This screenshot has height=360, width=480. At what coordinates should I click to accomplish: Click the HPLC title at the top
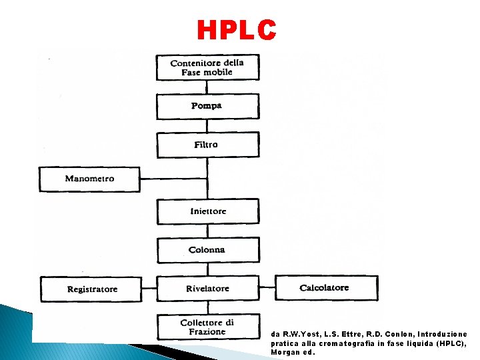[237, 30]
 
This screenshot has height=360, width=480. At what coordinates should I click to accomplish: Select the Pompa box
[207, 106]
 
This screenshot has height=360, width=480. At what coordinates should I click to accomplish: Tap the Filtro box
[207, 145]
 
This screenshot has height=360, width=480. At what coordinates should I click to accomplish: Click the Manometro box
[90, 179]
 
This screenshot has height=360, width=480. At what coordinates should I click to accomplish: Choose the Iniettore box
[207, 211]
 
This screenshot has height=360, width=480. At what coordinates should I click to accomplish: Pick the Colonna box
[207, 250]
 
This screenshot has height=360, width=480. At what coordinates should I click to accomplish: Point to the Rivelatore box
[207, 289]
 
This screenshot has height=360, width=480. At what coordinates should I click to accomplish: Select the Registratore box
[92, 289]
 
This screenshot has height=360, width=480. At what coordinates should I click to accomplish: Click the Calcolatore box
[325, 288]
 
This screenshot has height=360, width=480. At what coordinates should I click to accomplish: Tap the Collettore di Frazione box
[207, 327]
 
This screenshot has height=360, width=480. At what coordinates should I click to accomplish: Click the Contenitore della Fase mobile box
[207, 67]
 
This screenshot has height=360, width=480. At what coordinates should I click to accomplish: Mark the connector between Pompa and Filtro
[207, 125]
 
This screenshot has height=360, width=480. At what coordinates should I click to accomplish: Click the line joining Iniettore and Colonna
[207, 231]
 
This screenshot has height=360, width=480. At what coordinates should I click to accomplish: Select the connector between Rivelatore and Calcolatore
[267, 288]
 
